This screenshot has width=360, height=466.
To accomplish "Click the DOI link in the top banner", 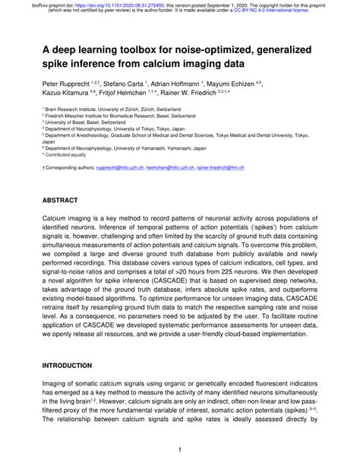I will pyautogui.click(x=113, y=4).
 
